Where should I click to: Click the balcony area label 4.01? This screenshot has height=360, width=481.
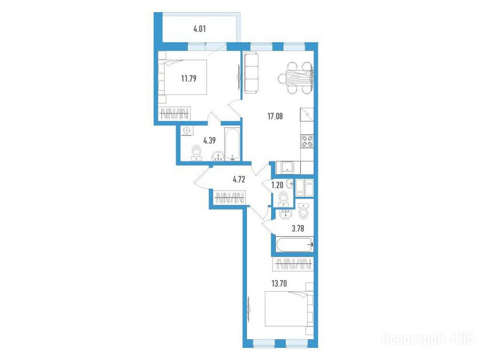[199, 29]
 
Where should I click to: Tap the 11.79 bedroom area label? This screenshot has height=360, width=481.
[189, 78]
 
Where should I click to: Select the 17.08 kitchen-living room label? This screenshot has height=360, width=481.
[275, 116]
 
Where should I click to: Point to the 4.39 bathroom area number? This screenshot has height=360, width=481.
[209, 140]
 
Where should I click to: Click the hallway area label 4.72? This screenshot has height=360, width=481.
[239, 179]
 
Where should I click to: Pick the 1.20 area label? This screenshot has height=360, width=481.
[277, 185]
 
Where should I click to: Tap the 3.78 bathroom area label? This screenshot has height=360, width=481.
[298, 229]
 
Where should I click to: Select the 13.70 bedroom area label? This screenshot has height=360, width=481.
[279, 283]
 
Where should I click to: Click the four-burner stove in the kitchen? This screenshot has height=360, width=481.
[307, 141]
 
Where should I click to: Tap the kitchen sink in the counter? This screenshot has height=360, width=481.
[287, 168]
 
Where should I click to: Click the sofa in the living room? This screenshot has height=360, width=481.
[251, 73]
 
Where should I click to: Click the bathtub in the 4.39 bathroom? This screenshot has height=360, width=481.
[232, 144]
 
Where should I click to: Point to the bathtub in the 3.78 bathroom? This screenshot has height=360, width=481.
[295, 245]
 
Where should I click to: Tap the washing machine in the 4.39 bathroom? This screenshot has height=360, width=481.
[186, 131]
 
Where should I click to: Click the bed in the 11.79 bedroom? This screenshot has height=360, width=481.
[183, 77]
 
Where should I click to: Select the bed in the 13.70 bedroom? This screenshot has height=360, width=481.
[289, 308]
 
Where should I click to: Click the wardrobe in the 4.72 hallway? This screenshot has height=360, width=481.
[229, 198]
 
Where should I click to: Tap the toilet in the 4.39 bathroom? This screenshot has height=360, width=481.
[196, 153]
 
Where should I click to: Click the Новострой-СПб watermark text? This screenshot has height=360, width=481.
[427, 339]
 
